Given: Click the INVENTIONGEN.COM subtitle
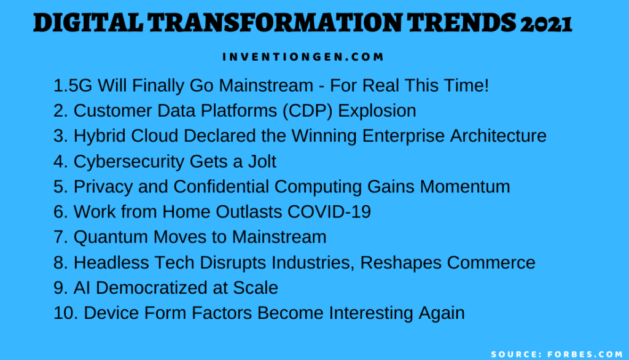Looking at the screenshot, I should coord(303,57).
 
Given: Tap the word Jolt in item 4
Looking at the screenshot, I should coord(260,162).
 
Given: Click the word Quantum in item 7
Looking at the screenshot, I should coord(107,237).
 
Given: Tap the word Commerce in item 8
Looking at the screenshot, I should coord(491,262).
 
